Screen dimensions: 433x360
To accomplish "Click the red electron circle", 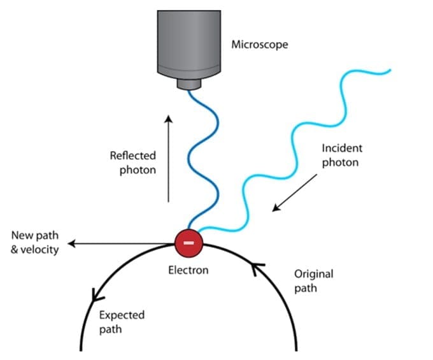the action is coord(189,243).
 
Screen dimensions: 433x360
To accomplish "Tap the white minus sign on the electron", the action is coord(189,243).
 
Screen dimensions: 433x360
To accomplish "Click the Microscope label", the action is coord(260,45).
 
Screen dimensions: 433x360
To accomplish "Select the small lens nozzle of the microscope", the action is coord(189,84).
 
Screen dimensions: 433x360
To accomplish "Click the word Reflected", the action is coord(133,155).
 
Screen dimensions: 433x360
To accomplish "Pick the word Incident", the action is coord(342,148).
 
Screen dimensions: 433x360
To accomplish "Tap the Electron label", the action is coord(188,270).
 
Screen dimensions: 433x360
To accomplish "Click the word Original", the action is coord(314,274).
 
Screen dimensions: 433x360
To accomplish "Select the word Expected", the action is coord(122,315).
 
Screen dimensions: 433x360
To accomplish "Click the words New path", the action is coord(35,235).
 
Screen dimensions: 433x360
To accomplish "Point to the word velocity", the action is coord(39,250).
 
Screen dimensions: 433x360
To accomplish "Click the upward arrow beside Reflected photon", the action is coord(169,159).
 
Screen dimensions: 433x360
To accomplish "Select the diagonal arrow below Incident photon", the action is coord(295,193).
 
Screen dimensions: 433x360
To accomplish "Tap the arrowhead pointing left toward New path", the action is coord(72,243).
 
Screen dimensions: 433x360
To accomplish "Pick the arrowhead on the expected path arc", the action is coord(97,295).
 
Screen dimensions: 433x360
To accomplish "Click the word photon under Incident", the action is coord(340,162).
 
